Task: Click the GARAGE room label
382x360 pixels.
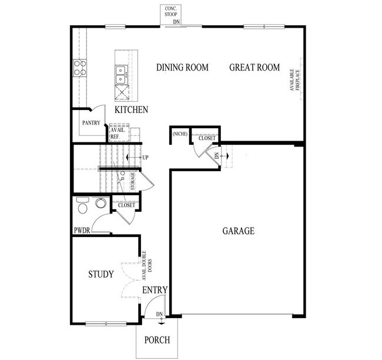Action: pyautogui.click(x=238, y=231)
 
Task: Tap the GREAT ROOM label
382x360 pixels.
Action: pyautogui.click(x=254, y=68)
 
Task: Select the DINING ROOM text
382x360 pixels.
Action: pyautogui.click(x=182, y=68)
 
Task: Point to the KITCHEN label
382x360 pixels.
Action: pyautogui.click(x=131, y=110)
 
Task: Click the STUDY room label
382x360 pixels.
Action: pyautogui.click(x=101, y=274)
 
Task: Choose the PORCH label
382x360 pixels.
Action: pyautogui.click(x=156, y=340)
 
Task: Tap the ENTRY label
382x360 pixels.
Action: pyautogui.click(x=155, y=290)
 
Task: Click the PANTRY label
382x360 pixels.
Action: pyautogui.click(x=91, y=124)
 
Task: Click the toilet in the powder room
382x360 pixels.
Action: pyautogui.click(x=82, y=206)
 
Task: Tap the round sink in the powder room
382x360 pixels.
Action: pyautogui.click(x=101, y=204)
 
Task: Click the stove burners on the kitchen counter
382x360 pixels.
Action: pyautogui.click(x=79, y=68)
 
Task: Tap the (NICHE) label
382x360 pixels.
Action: pyautogui.click(x=180, y=134)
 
